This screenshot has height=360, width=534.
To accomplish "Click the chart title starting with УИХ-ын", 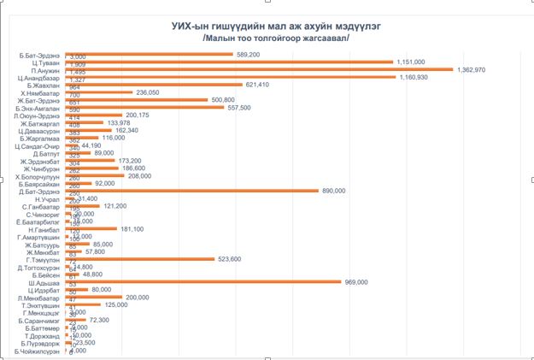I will tap(276, 27).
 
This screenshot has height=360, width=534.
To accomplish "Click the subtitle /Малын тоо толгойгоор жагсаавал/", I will tap(276, 38).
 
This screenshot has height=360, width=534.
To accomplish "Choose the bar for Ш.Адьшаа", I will tap(205, 282).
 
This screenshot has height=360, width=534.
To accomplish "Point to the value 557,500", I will tap(239, 108).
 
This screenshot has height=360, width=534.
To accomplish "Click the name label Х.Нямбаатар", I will tap(41, 92).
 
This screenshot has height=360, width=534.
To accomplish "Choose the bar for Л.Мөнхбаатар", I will tap(94, 297).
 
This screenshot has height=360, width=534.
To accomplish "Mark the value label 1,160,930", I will tap(416, 77).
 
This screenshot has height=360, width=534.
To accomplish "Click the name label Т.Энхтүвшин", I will tap(41, 305).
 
